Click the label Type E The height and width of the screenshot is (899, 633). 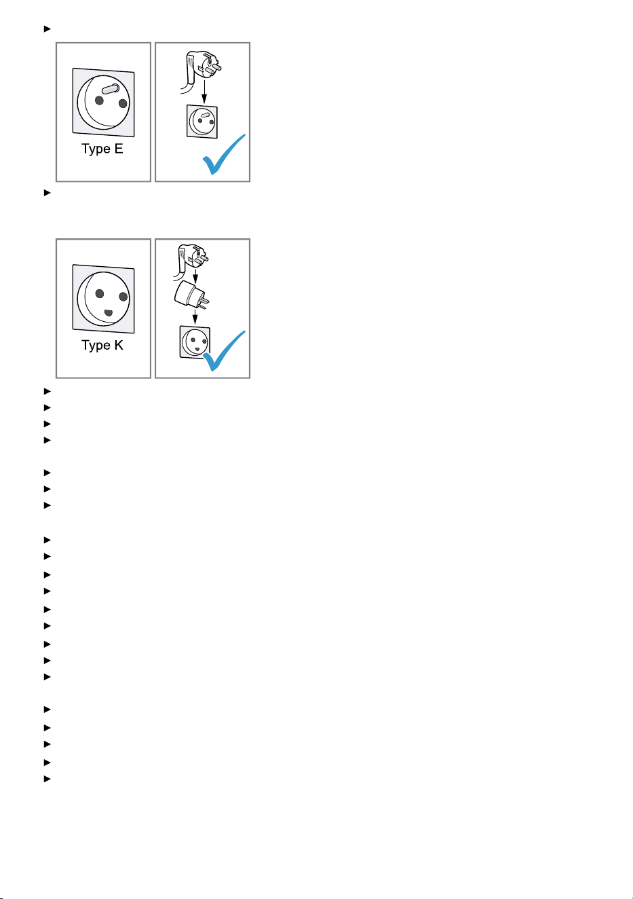[102, 149]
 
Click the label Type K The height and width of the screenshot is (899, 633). [102, 345]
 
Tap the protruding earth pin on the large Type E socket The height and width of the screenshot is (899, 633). [111, 89]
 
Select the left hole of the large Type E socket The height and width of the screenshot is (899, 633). [99, 100]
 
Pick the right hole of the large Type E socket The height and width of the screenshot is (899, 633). [123, 103]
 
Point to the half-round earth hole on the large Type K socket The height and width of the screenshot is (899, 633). [109, 312]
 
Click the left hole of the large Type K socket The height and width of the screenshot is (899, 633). [100, 294]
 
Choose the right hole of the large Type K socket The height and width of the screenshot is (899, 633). [123, 297]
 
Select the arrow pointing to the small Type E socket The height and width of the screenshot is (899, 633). [204, 92]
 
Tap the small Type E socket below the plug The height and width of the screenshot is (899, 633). [202, 122]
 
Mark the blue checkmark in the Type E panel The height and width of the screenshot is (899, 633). [223, 155]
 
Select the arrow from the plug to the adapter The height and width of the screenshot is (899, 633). [195, 275]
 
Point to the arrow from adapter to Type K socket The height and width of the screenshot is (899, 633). [195, 316]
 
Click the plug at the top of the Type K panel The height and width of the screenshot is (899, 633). [191, 260]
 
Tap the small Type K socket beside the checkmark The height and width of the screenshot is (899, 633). [195, 342]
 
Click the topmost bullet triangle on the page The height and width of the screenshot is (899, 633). [47, 29]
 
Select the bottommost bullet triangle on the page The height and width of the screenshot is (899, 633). [47, 779]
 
